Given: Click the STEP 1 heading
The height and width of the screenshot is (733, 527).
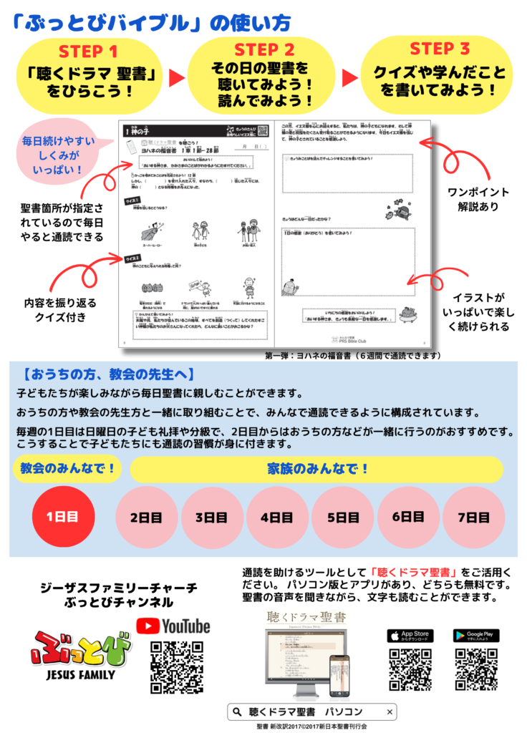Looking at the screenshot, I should [87, 52].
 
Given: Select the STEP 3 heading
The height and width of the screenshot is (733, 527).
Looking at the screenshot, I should [440, 49].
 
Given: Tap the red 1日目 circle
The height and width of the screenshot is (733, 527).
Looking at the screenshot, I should [62, 517].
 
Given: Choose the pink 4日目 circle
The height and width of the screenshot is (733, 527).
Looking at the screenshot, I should [276, 517].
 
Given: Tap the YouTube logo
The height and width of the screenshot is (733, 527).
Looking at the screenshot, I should [173, 626].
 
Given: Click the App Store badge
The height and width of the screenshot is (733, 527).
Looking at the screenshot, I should [410, 635].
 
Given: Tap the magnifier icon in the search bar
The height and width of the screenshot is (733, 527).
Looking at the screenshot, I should [236, 712].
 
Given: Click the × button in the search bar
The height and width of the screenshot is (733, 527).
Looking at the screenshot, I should [390, 712].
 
